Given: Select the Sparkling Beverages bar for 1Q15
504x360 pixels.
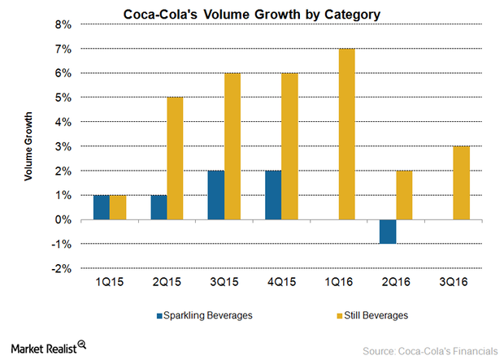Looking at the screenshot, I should pyautogui.click(x=101, y=208).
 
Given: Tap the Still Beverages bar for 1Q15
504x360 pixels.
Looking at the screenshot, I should pyautogui.click(x=119, y=208).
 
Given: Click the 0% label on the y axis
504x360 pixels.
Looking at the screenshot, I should pyautogui.click(x=63, y=220).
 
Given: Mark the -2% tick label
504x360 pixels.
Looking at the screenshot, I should pyautogui.click(x=62, y=269).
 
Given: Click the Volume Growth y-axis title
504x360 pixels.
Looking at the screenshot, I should pyautogui.click(x=28, y=147).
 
